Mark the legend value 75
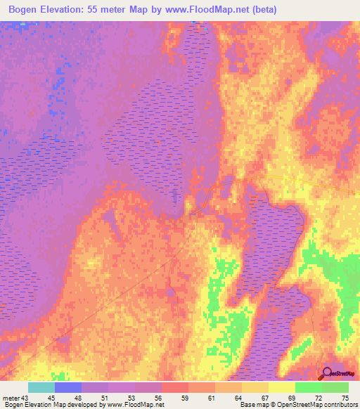[345, 398]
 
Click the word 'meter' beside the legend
[10, 398]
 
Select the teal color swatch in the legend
[41, 387]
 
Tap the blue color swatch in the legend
[67, 387]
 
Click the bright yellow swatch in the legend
[281, 387]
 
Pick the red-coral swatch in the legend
[174, 387]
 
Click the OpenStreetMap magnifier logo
[326, 373]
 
